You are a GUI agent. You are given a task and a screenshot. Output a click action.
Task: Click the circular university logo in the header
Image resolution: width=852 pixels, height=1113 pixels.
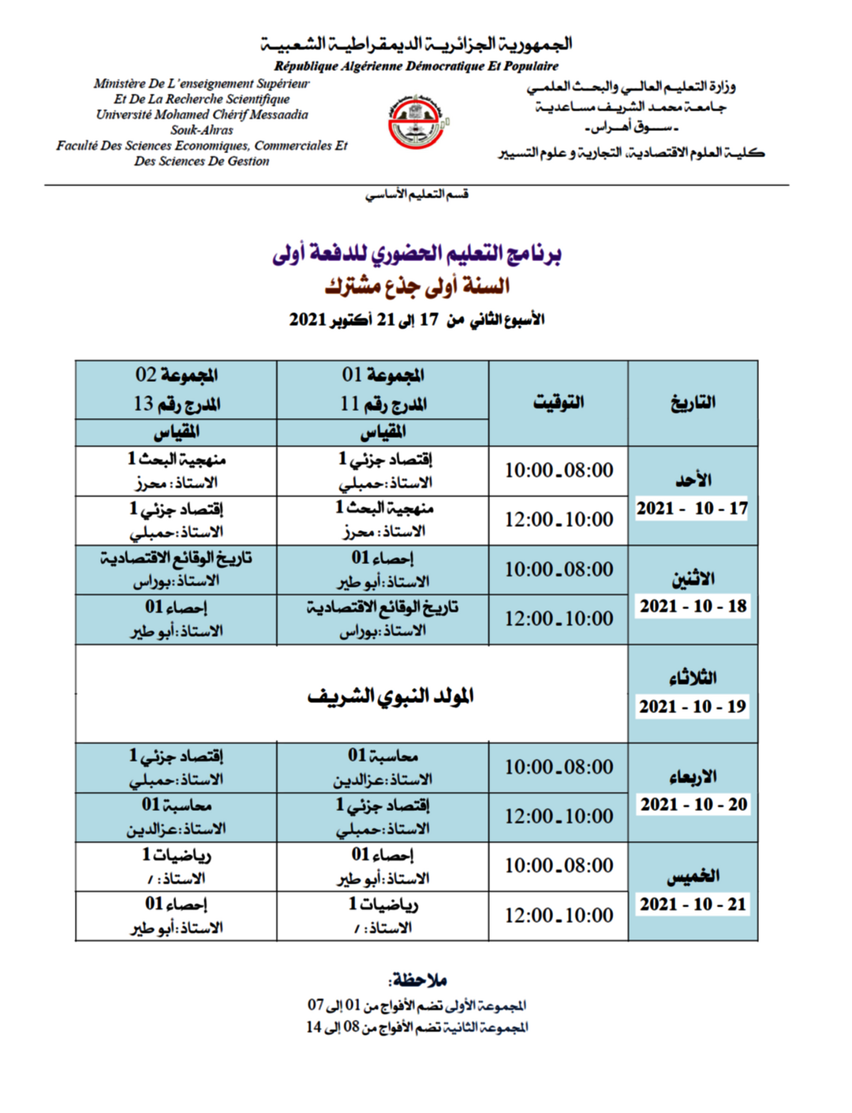417,121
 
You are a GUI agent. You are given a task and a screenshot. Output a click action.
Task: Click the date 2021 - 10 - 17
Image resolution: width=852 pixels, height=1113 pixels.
692,508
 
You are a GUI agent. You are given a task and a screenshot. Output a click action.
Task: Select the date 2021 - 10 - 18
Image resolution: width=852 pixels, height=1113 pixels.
693,606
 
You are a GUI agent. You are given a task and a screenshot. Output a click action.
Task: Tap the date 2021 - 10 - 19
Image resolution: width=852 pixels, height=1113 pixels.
693,706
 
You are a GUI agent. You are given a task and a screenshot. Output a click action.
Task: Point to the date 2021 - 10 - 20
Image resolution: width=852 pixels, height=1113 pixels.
693,804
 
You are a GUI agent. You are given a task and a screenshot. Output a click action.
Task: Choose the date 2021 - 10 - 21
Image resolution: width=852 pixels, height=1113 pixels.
693,904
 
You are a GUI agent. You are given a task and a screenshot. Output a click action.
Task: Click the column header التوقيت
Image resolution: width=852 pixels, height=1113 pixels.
559,402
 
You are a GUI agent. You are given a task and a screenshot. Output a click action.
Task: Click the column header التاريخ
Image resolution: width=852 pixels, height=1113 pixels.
693,402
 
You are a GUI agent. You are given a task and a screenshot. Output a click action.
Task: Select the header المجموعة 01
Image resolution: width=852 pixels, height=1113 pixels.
383,375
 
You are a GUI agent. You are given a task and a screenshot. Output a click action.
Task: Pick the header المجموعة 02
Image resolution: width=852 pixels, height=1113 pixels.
176,375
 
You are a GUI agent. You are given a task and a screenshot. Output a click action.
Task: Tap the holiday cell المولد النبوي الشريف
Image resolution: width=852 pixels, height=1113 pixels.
390,696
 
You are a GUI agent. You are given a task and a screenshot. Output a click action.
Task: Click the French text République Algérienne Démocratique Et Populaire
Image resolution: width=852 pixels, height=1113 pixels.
416,66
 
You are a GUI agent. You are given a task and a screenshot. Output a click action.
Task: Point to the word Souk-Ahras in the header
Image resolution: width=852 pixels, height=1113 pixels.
202,130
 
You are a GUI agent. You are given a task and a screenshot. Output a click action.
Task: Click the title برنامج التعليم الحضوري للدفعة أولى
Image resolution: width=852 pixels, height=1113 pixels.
417,253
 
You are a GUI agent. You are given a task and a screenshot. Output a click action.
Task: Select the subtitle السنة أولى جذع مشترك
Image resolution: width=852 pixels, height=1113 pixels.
417,286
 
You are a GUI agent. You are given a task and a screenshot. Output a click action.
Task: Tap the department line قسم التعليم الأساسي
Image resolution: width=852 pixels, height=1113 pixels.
417,194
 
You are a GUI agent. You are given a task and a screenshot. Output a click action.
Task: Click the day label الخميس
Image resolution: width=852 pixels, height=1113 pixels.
693,876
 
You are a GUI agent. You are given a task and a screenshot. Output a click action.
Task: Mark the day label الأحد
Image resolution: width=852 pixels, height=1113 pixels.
693,480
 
